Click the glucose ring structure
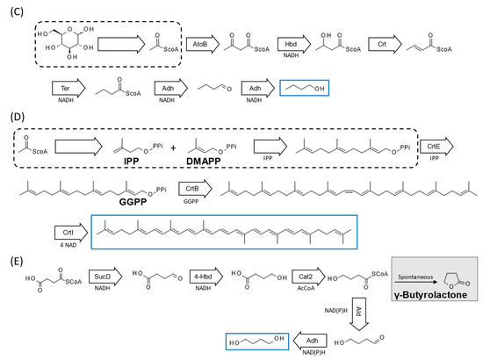[64, 41]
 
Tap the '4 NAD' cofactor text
[64, 247]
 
